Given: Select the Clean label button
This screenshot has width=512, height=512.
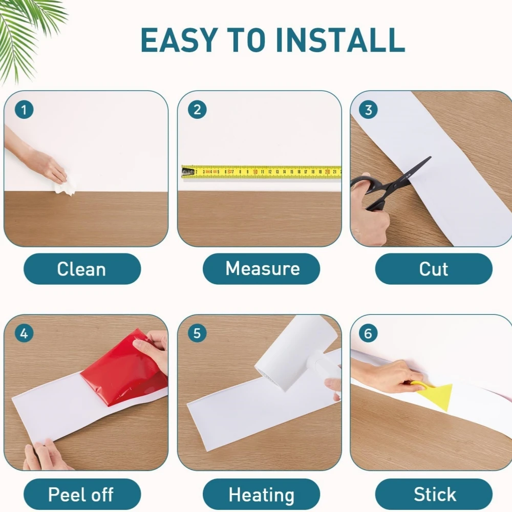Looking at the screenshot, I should pyautogui.click(x=82, y=269).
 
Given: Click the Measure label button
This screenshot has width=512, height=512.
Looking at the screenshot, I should pyautogui.click(x=262, y=269).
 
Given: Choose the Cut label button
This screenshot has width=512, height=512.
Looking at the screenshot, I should pyautogui.click(x=434, y=269).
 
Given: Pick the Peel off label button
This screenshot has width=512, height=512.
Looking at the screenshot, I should pyautogui.click(x=82, y=495).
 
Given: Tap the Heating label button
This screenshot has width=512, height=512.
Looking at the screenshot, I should pyautogui.click(x=262, y=495).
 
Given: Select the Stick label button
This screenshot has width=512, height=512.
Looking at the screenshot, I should pyautogui.click(x=434, y=495).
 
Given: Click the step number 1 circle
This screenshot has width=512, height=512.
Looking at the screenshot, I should pyautogui.click(x=24, y=110).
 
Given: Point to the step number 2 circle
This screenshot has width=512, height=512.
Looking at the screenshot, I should pyautogui.click(x=197, y=110).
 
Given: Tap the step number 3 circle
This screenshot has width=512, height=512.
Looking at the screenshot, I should pyautogui.click(x=368, y=110).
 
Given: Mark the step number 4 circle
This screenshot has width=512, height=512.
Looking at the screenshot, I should pyautogui.click(x=24, y=334).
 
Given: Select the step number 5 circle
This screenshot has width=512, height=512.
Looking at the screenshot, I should pyautogui.click(x=197, y=334).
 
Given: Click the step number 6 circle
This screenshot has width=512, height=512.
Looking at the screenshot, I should pyautogui.click(x=368, y=334).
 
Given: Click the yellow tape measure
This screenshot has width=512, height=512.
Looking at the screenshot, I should pyautogui.click(x=261, y=172).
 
